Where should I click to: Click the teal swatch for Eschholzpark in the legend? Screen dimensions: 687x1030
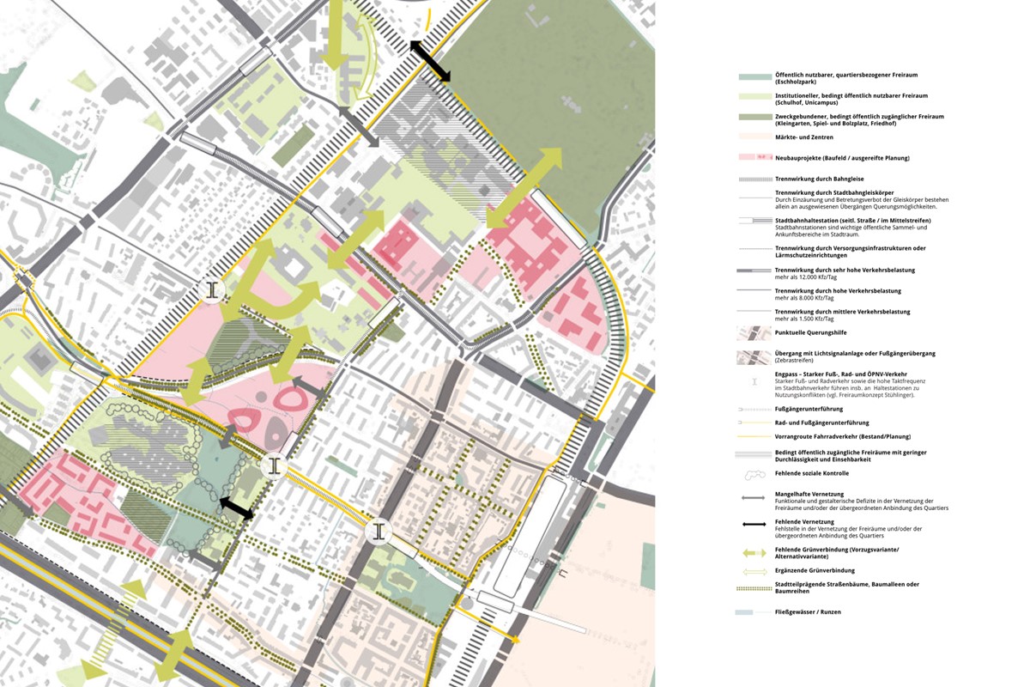(x=754, y=76)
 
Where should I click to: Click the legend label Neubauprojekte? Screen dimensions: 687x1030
(x=803, y=158)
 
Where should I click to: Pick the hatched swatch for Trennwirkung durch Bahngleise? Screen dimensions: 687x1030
(x=754, y=179)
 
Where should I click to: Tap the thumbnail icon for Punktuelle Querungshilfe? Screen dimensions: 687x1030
(x=754, y=333)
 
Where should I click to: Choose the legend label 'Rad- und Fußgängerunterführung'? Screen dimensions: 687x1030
(x=821, y=423)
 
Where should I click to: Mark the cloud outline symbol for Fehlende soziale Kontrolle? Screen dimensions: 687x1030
(x=754, y=474)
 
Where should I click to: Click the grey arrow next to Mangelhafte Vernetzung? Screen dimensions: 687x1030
(x=754, y=496)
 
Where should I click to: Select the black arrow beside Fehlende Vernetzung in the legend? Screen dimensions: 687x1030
(x=754, y=522)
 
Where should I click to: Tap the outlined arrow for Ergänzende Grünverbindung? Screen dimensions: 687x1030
(x=754, y=570)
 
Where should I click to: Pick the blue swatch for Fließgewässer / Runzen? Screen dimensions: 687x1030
(x=754, y=612)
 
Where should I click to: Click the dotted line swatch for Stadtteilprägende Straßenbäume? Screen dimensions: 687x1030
(x=754, y=587)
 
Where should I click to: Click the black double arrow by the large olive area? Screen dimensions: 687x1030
(x=430, y=61)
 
